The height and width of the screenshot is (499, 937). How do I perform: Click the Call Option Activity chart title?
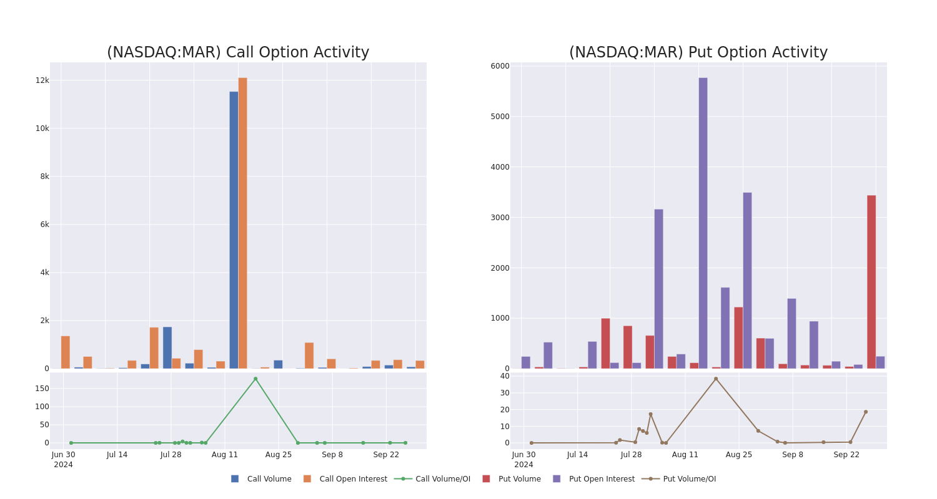(238, 52)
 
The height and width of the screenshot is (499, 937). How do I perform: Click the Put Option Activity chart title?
(698, 52)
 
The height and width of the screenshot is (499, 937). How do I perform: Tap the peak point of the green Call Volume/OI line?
(255, 379)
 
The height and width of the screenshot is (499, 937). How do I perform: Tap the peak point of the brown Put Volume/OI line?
(716, 379)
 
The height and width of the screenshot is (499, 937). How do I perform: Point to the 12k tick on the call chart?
(42, 80)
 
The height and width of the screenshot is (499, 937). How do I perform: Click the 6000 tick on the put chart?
(500, 66)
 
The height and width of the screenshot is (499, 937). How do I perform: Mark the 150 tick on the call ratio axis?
(42, 389)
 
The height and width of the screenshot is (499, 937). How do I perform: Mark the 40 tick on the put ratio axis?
(504, 376)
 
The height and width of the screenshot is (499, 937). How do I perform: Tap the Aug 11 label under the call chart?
(225, 455)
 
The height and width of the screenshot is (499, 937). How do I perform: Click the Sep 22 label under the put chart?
(846, 455)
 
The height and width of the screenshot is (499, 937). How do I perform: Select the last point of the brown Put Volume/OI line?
(865, 412)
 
